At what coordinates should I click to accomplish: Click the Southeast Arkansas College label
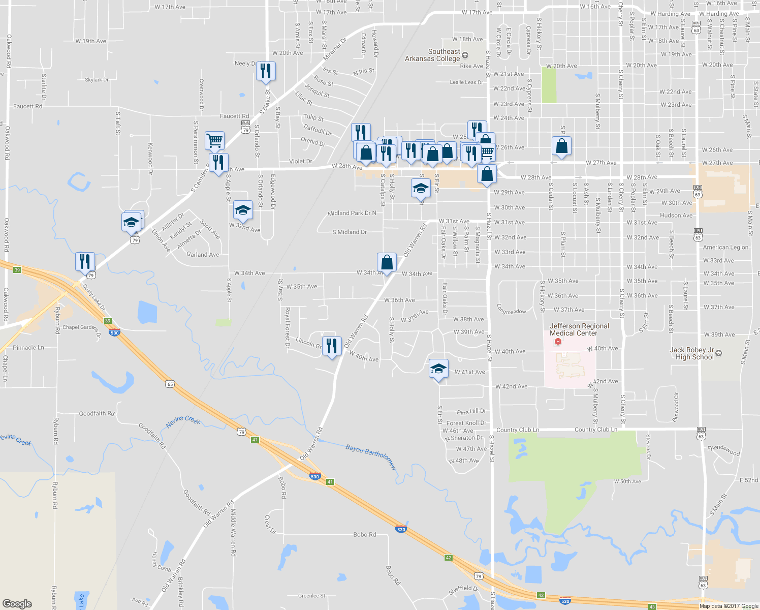(432, 55)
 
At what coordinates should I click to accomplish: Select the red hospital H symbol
(558, 341)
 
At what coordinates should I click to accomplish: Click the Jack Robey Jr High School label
(691, 353)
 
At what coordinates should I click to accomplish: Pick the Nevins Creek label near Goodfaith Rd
(183, 421)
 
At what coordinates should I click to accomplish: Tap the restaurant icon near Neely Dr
(265, 71)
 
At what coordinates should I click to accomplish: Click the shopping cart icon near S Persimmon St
(215, 140)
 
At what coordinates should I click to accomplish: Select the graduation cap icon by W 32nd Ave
(243, 210)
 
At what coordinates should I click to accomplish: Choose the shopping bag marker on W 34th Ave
(387, 263)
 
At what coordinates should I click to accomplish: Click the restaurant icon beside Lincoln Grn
(332, 346)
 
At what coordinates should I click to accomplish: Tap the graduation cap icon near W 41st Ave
(438, 369)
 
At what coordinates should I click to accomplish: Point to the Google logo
(17, 604)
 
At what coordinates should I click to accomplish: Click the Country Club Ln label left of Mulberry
(518, 430)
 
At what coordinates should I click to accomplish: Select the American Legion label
(725, 248)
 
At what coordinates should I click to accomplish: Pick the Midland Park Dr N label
(352, 213)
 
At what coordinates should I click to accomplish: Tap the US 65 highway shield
(170, 384)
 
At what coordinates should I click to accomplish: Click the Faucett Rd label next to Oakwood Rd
(28, 106)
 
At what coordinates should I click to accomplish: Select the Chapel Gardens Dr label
(82, 328)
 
